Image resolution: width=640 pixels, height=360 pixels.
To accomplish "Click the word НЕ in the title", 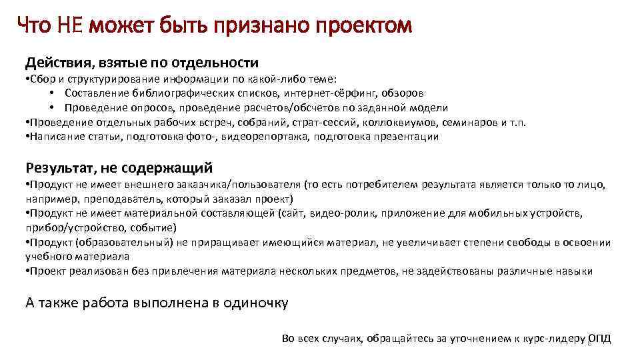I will [x=69, y=27].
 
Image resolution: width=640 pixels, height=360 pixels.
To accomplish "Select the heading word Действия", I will [x=59, y=63].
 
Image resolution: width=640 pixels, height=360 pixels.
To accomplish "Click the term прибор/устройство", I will [x=70, y=227].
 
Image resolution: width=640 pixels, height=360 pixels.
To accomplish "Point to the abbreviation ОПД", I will [x=600, y=339].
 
